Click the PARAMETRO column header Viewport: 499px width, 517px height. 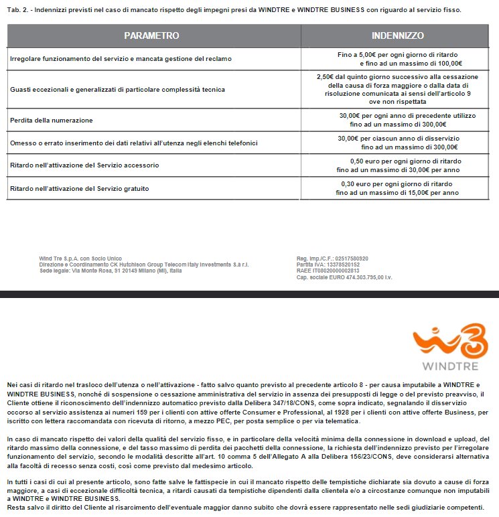point(152,35)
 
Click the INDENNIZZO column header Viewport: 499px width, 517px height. point(398,35)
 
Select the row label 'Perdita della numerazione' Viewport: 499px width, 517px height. point(51,120)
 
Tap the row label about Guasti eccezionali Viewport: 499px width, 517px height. point(118,89)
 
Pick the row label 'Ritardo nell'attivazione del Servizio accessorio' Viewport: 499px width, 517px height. point(84,165)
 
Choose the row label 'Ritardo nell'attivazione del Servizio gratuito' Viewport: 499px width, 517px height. point(80,189)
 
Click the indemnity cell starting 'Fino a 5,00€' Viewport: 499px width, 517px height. point(401,58)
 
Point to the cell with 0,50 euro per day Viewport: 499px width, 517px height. point(397,165)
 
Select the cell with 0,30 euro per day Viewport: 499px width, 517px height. point(397,188)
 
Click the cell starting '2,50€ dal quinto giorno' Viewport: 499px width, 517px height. point(398,89)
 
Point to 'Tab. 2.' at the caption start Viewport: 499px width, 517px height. point(18,11)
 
